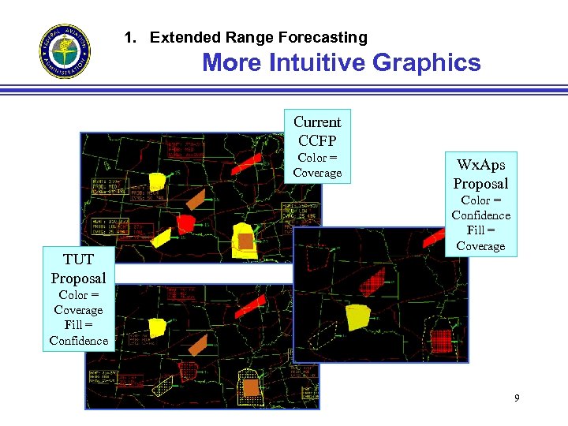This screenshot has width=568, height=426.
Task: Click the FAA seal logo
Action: coord(65,51)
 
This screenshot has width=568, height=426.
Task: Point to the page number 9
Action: coord(517,398)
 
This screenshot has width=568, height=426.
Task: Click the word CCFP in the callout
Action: coord(317,140)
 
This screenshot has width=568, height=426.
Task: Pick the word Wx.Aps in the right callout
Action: coord(480,165)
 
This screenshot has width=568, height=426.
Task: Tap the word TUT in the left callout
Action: coord(78,260)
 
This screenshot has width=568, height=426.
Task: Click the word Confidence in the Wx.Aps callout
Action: coord(480,215)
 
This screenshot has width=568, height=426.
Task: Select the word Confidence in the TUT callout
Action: coord(78,341)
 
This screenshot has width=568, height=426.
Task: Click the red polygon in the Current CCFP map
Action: coord(186,224)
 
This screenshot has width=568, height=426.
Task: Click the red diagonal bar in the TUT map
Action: coord(252,304)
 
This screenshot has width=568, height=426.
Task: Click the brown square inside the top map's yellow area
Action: coord(246,241)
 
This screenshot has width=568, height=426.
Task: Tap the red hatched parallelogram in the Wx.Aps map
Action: coord(372,280)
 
